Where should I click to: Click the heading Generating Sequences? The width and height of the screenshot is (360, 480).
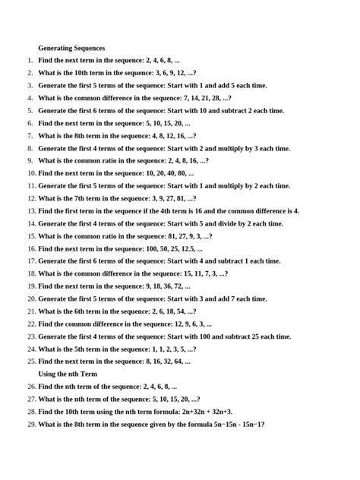71,48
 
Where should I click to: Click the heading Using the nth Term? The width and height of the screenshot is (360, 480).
68,374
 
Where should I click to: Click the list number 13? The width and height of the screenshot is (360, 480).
31,211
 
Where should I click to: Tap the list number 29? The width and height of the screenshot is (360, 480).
31,425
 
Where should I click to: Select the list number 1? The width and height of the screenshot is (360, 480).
30,60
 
